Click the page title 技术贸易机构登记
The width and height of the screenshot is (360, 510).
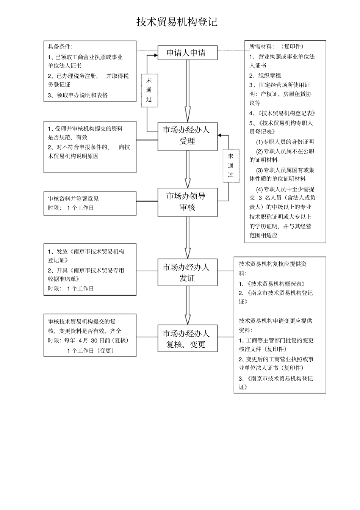click(177, 22)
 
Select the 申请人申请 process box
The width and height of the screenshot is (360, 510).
click(187, 53)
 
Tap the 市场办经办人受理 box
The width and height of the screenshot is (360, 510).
click(187, 136)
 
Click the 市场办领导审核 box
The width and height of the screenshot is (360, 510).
click(187, 202)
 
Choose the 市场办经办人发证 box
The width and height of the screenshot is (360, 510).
click(187, 272)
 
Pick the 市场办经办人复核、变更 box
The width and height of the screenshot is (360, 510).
click(187, 339)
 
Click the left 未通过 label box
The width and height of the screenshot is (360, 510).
click(149, 90)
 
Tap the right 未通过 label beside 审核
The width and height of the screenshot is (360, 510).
click(231, 166)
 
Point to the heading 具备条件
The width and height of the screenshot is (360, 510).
click(60, 47)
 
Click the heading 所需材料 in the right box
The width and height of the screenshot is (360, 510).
click(261, 47)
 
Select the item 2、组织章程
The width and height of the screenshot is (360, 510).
click(265, 75)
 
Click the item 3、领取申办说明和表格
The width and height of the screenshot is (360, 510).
click(78, 95)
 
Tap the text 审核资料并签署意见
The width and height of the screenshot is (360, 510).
click(73, 198)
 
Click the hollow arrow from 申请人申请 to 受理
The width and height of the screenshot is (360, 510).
click(187, 91)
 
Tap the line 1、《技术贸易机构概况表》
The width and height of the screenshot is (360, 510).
click(272, 284)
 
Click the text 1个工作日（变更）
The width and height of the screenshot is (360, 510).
click(91, 350)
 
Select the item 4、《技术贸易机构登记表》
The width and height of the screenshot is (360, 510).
click(282, 113)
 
